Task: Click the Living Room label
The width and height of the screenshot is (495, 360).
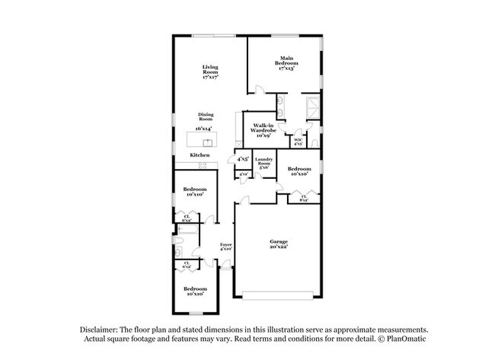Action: click(205, 72)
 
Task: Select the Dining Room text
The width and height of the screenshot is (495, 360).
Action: click(205, 117)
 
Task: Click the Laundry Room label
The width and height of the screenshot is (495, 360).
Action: click(263, 164)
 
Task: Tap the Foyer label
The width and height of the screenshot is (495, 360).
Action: click(225, 247)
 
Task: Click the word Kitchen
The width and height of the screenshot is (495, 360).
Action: click(200, 155)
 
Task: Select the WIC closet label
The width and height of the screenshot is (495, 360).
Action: click(299, 142)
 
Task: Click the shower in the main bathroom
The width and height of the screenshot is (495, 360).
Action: click(312, 106)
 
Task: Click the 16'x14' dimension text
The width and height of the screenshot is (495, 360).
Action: click(203, 129)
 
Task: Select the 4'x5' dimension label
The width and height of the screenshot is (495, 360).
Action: click(243, 159)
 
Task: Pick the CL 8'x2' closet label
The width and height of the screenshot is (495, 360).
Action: click(303, 198)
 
